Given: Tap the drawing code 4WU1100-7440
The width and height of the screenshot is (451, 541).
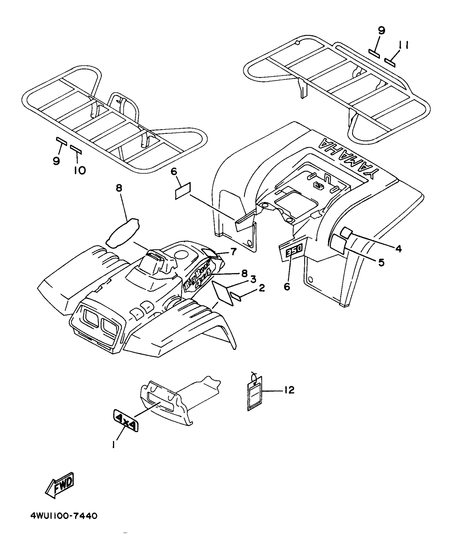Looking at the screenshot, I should click(64, 516).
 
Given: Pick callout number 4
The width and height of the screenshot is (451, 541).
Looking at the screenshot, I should click(398, 248).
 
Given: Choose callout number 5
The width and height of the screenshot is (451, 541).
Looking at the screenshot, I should click(381, 262).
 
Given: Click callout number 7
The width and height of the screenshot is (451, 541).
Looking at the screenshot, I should click(233, 251).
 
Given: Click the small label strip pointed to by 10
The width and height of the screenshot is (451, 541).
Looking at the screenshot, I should click(76, 149).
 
